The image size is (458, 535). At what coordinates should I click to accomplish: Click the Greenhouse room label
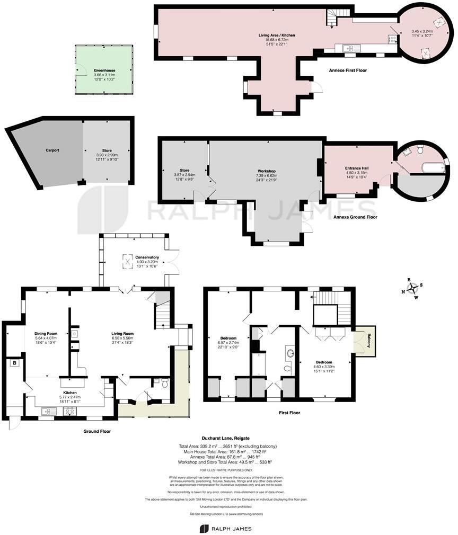click(104, 70)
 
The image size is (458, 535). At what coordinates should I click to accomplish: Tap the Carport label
click(52, 150)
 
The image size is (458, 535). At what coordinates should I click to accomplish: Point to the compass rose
click(411, 289)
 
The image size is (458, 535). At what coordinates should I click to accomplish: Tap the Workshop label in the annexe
click(266, 171)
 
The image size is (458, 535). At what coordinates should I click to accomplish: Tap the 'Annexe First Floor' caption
click(347, 70)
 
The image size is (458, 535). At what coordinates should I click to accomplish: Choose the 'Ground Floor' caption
click(97, 431)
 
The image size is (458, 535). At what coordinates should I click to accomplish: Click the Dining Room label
click(46, 334)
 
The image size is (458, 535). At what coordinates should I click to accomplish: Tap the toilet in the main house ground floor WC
click(165, 384)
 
